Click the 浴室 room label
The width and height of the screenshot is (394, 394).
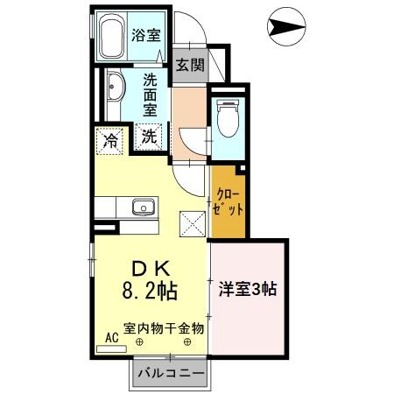146,35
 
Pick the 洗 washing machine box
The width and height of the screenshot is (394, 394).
150,137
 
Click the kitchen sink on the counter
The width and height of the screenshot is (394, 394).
142,208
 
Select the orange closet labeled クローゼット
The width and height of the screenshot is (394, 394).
227,201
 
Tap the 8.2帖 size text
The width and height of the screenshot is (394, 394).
151,290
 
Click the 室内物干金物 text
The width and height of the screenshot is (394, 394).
164,328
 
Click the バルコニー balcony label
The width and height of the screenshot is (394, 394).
171,375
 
